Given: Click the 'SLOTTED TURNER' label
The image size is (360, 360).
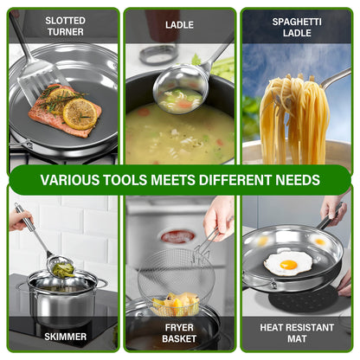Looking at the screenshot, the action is (x=66, y=26).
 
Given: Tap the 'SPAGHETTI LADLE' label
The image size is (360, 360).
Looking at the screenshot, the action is (x=297, y=28).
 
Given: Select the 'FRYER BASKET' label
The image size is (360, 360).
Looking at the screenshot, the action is (x=179, y=333).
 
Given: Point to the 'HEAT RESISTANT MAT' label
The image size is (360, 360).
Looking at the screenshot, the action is (x=297, y=333).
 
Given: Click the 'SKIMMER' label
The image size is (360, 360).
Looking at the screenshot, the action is (x=66, y=337).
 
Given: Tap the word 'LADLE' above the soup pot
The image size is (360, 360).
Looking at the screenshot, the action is (x=179, y=25).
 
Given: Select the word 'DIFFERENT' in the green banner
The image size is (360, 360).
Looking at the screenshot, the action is (x=235, y=180).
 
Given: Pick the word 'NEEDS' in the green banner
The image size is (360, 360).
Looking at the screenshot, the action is (x=298, y=180).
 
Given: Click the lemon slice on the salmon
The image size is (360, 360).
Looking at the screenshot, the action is (x=80, y=114).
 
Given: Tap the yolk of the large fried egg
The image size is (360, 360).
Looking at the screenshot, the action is (x=288, y=265).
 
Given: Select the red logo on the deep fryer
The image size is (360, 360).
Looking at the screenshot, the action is (x=177, y=236).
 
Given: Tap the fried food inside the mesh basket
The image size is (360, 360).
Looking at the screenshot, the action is (x=176, y=304).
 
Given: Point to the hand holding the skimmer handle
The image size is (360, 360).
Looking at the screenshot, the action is (x=20, y=220).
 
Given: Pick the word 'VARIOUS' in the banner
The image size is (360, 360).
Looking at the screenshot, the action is (x=69, y=180).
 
